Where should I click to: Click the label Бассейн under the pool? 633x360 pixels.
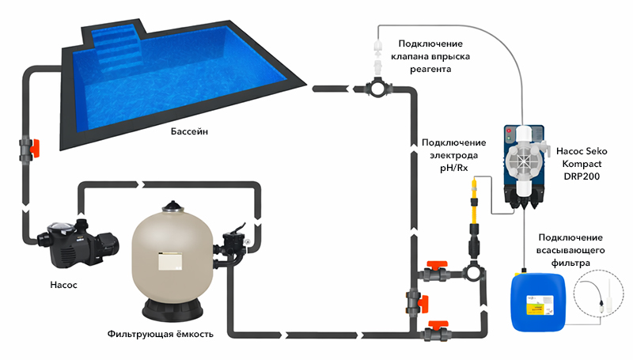[x=189, y=131]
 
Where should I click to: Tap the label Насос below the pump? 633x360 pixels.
[x=63, y=285]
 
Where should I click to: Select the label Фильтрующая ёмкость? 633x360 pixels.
[x=161, y=334]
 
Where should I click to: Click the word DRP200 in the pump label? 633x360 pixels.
[x=582, y=176]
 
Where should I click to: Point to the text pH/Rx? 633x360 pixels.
[x=453, y=168]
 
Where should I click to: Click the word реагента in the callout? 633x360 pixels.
[x=430, y=69]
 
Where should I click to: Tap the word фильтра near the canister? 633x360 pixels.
[x=570, y=263]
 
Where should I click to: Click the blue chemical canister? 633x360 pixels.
[x=539, y=301]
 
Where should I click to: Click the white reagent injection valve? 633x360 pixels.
[x=378, y=57]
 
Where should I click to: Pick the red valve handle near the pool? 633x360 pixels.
[x=35, y=148]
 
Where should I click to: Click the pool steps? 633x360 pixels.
[x=116, y=50]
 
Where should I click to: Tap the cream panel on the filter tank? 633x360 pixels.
[x=170, y=261]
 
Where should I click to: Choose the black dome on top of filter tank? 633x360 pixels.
[x=172, y=207]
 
